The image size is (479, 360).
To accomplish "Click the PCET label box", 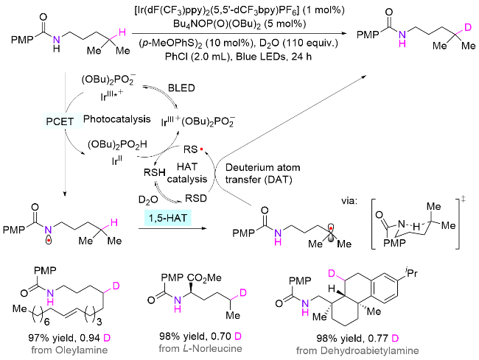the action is click(60, 121).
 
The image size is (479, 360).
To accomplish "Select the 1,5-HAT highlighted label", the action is click(168, 218).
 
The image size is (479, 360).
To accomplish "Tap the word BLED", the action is click(181, 88).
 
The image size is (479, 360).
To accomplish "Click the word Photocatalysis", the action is click(117, 119).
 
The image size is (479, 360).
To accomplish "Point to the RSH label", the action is click(155, 172).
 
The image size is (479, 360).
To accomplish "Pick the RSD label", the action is click(196, 198).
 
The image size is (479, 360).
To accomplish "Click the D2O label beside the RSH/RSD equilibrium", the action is click(148, 200).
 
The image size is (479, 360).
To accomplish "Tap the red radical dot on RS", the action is click(202, 149).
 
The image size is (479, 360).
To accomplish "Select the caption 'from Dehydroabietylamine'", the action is click(357, 350).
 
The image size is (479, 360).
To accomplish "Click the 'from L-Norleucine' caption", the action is click(200, 348).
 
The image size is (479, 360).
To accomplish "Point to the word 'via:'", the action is click(349, 201).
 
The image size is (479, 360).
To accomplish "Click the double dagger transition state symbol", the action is click(463, 200).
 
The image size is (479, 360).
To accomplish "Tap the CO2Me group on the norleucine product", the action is click(204, 278).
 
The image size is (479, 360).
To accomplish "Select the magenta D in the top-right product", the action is click(467, 28).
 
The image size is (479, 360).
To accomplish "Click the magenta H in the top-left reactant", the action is click(122, 32).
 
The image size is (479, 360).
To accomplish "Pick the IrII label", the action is click(116, 160).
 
